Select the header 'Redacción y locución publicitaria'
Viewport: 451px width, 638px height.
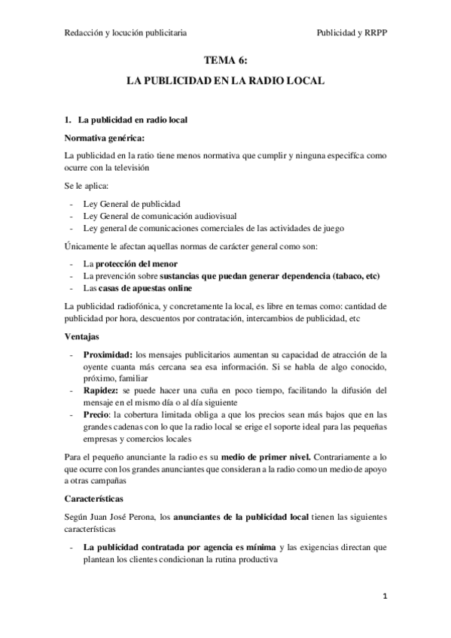tap(126, 33)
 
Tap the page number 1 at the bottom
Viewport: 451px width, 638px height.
tap(384, 598)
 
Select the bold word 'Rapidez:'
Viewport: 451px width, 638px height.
tap(102, 390)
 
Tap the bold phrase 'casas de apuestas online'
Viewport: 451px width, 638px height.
tap(145, 288)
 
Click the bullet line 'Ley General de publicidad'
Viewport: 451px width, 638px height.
tap(133, 203)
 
